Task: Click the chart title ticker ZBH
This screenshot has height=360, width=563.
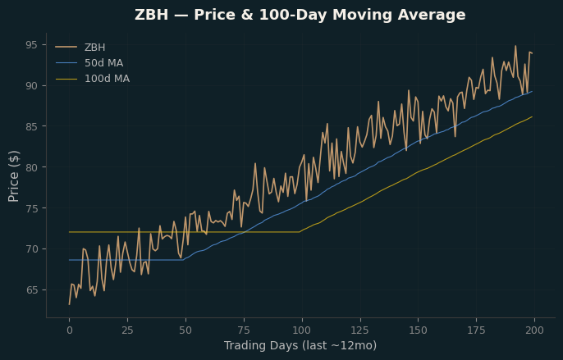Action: [151, 15]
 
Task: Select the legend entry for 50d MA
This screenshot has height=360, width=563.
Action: [103, 63]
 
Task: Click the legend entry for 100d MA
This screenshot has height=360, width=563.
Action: [107, 79]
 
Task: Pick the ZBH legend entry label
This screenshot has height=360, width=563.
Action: [95, 48]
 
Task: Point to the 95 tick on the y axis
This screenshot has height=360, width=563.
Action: [31, 45]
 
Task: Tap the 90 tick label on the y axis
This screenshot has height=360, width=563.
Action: [31, 86]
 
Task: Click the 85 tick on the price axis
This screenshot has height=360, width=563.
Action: [31, 126]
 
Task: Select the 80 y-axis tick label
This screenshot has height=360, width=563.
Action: [31, 167]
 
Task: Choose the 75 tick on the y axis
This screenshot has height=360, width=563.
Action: [31, 208]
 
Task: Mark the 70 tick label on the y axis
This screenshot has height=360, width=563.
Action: [31, 249]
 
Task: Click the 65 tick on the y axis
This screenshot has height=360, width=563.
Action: [31, 290]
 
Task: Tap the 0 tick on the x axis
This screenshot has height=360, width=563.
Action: [69, 330]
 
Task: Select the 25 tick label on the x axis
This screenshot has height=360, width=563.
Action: [127, 330]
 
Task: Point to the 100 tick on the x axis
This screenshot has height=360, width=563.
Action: [302, 330]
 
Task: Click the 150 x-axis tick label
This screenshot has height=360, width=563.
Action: [419, 330]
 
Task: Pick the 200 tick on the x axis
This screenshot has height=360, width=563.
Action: [534, 330]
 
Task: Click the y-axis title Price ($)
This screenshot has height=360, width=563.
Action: [14, 176]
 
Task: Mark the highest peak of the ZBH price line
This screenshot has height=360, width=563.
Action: [515, 46]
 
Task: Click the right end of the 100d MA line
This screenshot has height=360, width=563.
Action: [532, 116]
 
